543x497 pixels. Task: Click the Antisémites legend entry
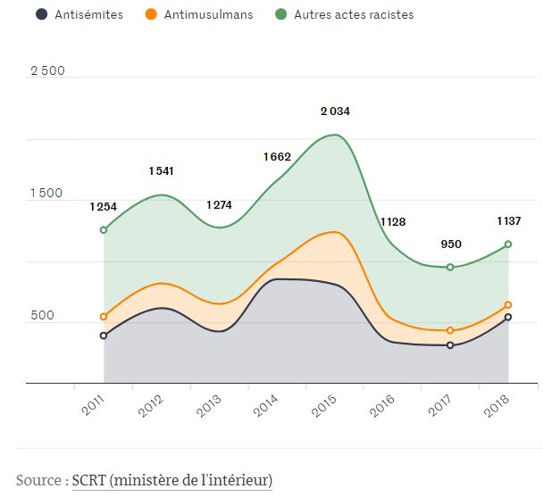click(x=85, y=14)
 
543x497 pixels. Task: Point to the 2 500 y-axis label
click(x=47, y=71)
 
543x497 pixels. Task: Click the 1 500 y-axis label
click(x=47, y=194)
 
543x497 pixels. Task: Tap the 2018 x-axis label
click(x=497, y=406)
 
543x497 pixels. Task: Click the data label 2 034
click(x=335, y=112)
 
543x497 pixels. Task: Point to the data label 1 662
click(x=277, y=157)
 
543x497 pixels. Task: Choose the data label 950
click(x=451, y=244)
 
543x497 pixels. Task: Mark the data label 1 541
click(x=161, y=170)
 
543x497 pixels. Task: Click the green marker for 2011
click(x=104, y=230)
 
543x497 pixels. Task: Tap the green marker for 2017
click(x=450, y=268)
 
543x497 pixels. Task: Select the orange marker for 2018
click(x=508, y=305)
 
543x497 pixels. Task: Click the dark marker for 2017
click(x=450, y=345)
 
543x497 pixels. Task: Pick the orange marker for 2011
click(x=104, y=317)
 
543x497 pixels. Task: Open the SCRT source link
click(x=172, y=480)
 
